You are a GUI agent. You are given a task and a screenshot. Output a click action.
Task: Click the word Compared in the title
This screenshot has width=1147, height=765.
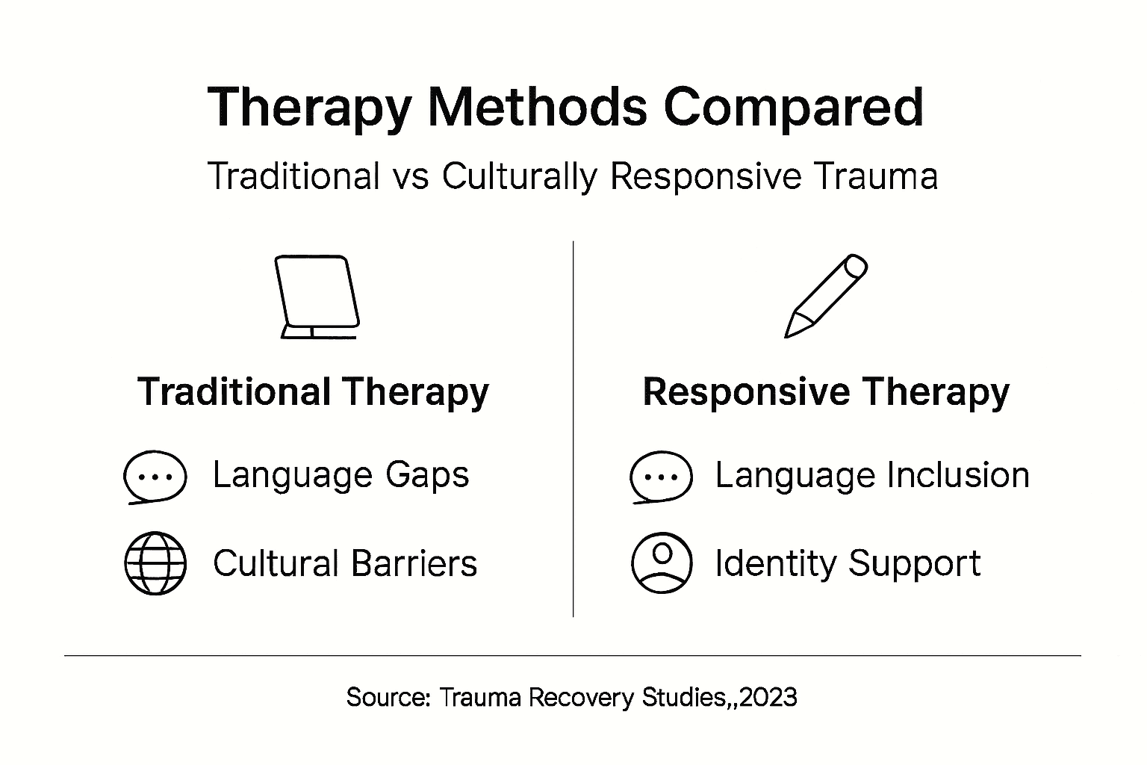pos(793,108)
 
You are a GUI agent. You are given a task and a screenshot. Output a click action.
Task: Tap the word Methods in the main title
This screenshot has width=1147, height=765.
pos(536,108)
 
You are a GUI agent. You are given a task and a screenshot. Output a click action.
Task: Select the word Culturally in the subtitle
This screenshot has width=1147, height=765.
pos(520,177)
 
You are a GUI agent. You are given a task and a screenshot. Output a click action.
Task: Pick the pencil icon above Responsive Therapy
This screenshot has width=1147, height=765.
pos(825,296)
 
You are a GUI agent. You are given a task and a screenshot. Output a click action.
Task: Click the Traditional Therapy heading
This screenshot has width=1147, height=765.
pos(313,392)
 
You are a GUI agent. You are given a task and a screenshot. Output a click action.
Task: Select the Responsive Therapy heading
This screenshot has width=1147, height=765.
pos(825,392)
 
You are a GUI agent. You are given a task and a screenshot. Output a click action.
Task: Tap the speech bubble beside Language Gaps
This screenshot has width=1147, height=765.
pos(155,477)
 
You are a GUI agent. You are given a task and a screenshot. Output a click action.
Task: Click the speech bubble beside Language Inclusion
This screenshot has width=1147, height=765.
pos(661,477)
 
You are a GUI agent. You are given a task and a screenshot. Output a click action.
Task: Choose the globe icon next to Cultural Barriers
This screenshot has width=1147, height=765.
pos(155,563)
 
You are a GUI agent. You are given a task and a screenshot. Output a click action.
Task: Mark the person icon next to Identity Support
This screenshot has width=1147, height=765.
pos(661,563)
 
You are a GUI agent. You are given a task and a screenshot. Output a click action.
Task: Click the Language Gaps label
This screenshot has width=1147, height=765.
pos(341,475)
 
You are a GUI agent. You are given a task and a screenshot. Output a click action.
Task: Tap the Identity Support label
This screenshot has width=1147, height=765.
pos(848,563)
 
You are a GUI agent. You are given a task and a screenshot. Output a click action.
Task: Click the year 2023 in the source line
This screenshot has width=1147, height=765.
pos(769,697)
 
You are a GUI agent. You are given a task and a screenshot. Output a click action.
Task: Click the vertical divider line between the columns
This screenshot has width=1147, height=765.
pos(573,429)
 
